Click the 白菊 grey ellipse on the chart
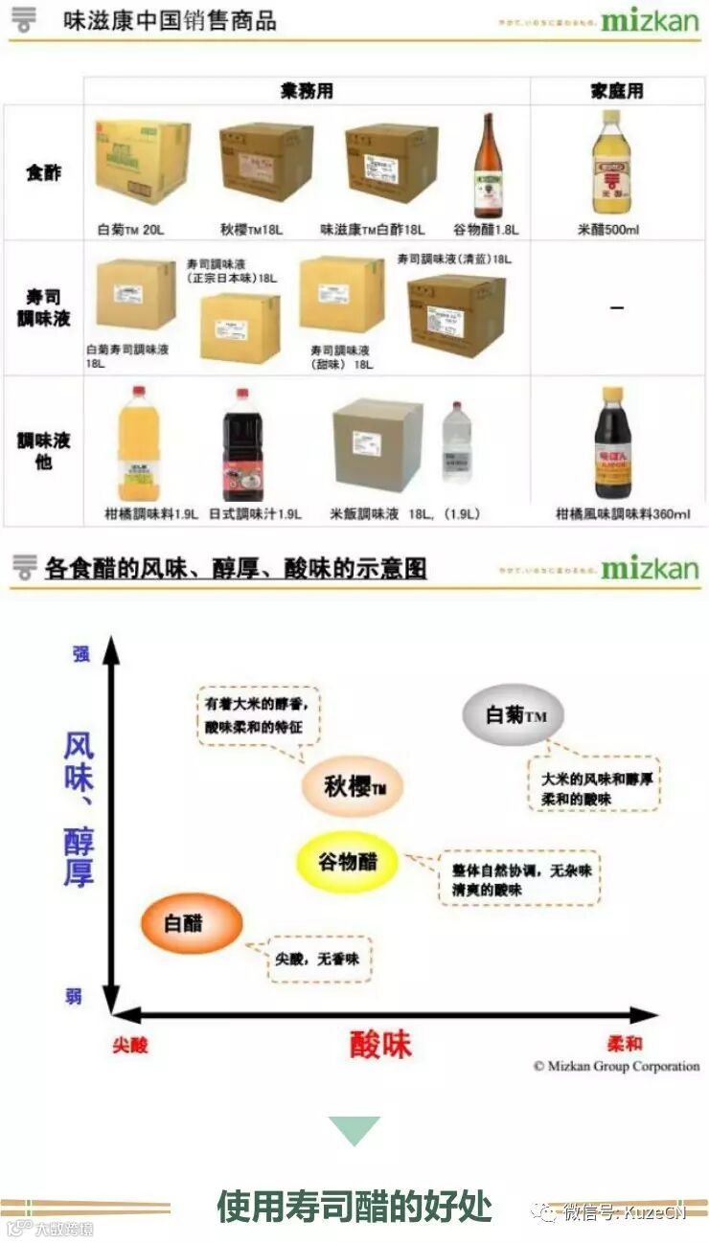512,715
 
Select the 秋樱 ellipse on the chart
353,788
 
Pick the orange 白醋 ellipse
192,924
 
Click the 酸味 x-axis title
380,1044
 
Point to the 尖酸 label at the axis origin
130,1045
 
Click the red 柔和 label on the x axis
625,1044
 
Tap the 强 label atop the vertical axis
81,654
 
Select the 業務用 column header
307,91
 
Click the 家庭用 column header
616,91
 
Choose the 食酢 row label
43,173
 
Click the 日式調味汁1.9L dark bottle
243,444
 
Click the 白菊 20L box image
142,163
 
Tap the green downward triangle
354,1131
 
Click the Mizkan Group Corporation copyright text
616,1066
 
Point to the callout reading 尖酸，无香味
317,958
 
